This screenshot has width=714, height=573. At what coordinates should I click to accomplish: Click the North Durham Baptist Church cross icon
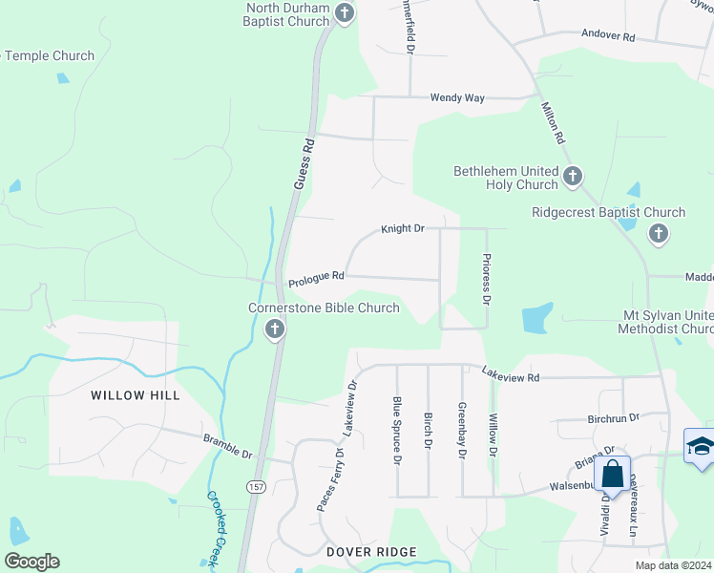point(346,13)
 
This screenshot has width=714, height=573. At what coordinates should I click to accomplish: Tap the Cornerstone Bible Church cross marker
point(275,330)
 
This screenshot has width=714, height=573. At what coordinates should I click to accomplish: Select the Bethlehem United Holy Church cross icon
point(573,176)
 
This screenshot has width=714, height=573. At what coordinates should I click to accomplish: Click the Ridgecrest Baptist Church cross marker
point(658,234)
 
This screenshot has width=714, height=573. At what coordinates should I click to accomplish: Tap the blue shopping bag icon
point(612,473)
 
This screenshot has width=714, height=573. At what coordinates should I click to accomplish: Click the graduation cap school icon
point(700,447)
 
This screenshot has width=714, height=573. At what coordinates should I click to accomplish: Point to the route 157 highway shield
point(256,487)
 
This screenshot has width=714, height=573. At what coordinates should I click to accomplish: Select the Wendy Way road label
point(457,97)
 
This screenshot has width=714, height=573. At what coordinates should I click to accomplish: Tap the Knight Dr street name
point(402,229)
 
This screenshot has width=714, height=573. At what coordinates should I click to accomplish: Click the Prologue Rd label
point(316,277)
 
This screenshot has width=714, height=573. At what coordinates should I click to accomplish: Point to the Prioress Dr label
point(487,279)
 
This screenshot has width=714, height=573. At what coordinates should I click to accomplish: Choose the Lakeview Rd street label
point(511,374)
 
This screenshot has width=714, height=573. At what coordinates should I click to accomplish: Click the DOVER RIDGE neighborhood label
point(371,552)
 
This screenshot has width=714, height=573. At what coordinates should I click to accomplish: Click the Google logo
point(31,562)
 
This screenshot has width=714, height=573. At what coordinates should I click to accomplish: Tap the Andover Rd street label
point(609,36)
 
